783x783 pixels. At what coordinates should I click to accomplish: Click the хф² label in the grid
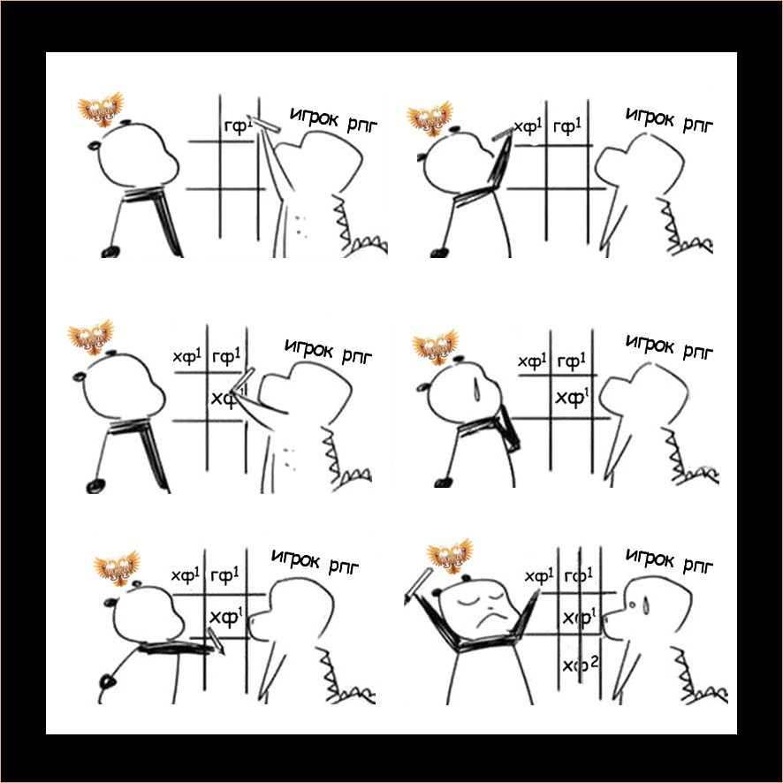[581, 665]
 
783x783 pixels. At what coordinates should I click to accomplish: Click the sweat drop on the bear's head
[475, 390]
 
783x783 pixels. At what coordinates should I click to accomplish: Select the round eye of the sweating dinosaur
[633, 605]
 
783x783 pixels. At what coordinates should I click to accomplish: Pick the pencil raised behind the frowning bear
[419, 583]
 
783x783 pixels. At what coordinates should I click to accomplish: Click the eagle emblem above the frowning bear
[450, 556]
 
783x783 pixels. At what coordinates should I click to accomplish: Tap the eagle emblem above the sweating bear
[435, 346]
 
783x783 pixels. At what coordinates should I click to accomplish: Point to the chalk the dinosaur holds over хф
[244, 381]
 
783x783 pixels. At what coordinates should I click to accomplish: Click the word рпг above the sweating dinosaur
[697, 565]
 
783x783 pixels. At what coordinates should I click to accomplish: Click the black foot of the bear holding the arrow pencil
[107, 680]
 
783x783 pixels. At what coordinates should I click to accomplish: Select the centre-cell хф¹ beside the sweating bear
[573, 397]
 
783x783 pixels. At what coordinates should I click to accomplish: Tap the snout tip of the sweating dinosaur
[605, 623]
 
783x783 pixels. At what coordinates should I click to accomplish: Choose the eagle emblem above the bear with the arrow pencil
[117, 567]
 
